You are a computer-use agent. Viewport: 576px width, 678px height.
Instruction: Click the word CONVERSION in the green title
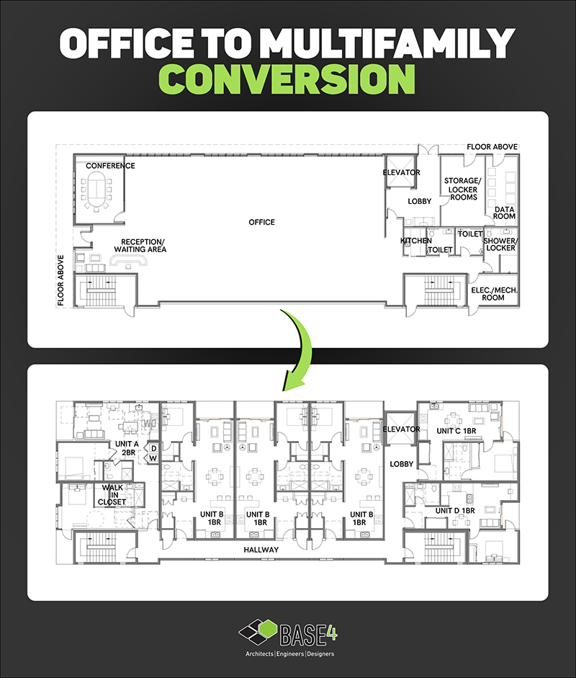point(288,80)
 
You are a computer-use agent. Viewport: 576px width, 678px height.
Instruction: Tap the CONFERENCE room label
point(110,166)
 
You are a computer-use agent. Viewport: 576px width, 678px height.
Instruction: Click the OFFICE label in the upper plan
point(261,222)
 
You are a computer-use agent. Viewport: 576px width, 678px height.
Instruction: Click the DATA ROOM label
point(504,213)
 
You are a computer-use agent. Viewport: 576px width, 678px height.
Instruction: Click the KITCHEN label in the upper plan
point(416,241)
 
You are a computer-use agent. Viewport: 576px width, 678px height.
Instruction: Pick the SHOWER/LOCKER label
point(500,244)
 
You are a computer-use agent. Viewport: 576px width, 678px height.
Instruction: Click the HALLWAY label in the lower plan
point(261,550)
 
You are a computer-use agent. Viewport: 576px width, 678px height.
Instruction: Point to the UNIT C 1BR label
point(457,431)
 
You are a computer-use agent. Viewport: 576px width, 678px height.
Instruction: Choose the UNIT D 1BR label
point(454,510)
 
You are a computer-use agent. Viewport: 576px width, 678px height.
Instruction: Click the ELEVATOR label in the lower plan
point(401,429)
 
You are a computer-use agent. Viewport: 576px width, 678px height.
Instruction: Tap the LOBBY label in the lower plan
point(401,464)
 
